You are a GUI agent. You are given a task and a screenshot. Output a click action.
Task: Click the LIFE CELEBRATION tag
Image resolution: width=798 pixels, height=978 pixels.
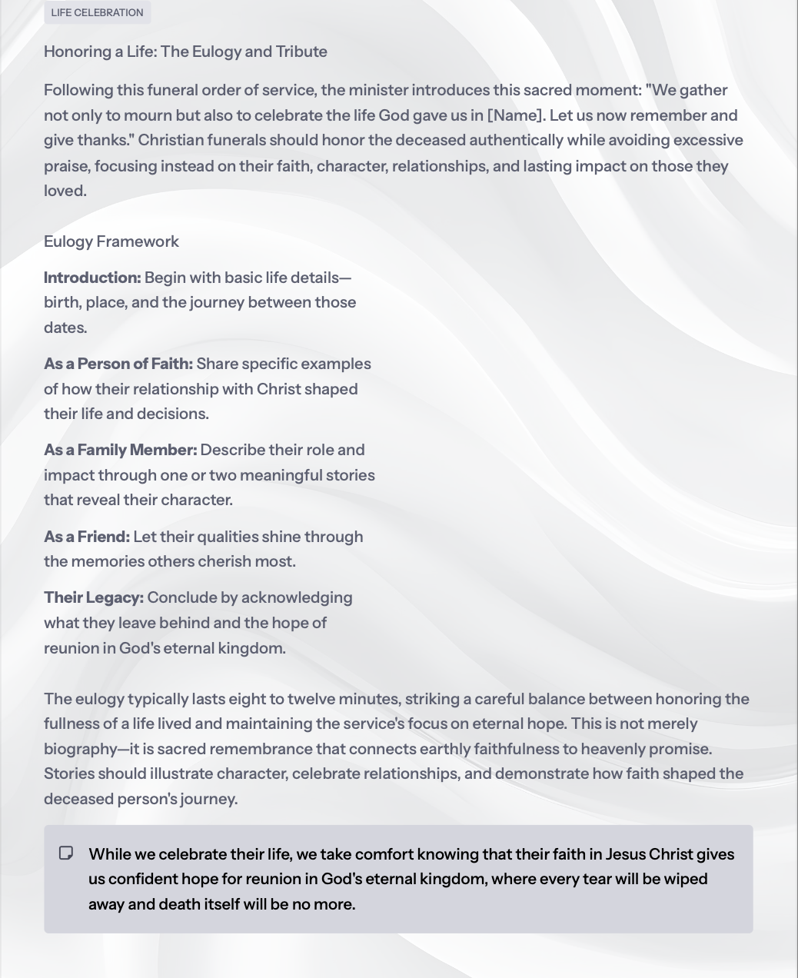97,12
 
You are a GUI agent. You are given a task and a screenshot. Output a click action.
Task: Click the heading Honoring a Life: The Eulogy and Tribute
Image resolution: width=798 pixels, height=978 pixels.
185,52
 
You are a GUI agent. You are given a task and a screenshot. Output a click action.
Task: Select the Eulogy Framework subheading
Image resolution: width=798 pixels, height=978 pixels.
111,241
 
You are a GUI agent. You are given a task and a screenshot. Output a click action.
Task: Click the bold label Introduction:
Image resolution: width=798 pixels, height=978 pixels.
92,278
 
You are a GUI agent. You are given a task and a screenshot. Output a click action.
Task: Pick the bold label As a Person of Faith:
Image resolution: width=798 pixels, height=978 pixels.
118,364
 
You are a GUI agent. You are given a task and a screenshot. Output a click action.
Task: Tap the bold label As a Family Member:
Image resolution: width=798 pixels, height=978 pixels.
120,450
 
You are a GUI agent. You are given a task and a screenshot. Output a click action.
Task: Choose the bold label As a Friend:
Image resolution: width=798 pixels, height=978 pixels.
87,537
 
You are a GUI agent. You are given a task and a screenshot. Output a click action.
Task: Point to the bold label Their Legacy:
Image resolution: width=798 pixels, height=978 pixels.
94,597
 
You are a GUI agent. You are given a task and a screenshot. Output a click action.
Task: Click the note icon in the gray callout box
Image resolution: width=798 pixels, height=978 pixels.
66,853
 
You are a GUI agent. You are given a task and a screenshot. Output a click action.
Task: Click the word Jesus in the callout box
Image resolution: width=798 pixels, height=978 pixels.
625,854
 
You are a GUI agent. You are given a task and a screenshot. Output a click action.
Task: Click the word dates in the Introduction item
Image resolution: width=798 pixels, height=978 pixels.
64,328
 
